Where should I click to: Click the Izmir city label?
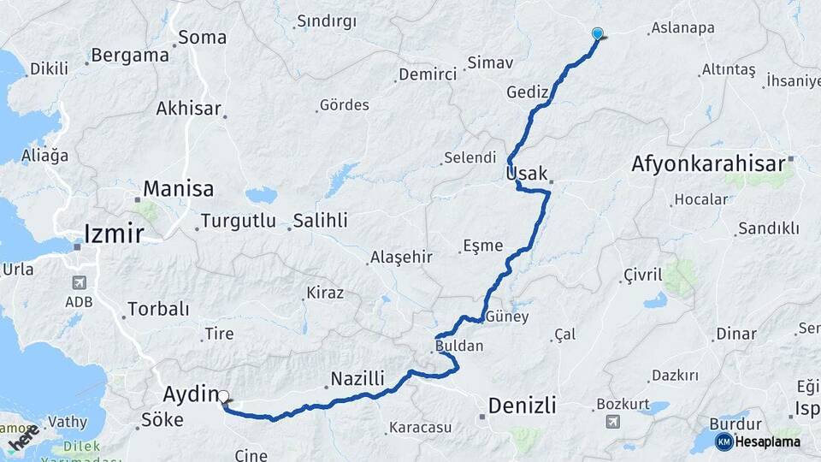click(x=113, y=232)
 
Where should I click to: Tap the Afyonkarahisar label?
click(x=709, y=163)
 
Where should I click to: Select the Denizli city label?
click(x=522, y=405)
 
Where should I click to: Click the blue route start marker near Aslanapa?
click(x=598, y=34)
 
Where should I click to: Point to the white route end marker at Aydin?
click(x=224, y=397)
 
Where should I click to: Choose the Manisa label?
click(x=178, y=188)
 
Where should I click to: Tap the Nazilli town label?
click(x=357, y=378)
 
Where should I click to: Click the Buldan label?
click(x=459, y=346)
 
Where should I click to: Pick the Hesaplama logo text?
click(x=767, y=441)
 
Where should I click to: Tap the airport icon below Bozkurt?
click(x=613, y=422)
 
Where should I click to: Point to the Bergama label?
click(x=130, y=56)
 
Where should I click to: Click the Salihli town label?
click(x=320, y=221)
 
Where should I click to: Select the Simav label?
click(x=490, y=63)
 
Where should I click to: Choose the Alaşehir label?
click(x=401, y=257)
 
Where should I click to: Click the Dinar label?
click(x=736, y=334)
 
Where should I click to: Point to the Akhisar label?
click(x=188, y=109)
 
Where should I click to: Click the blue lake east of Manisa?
click(x=261, y=195)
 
